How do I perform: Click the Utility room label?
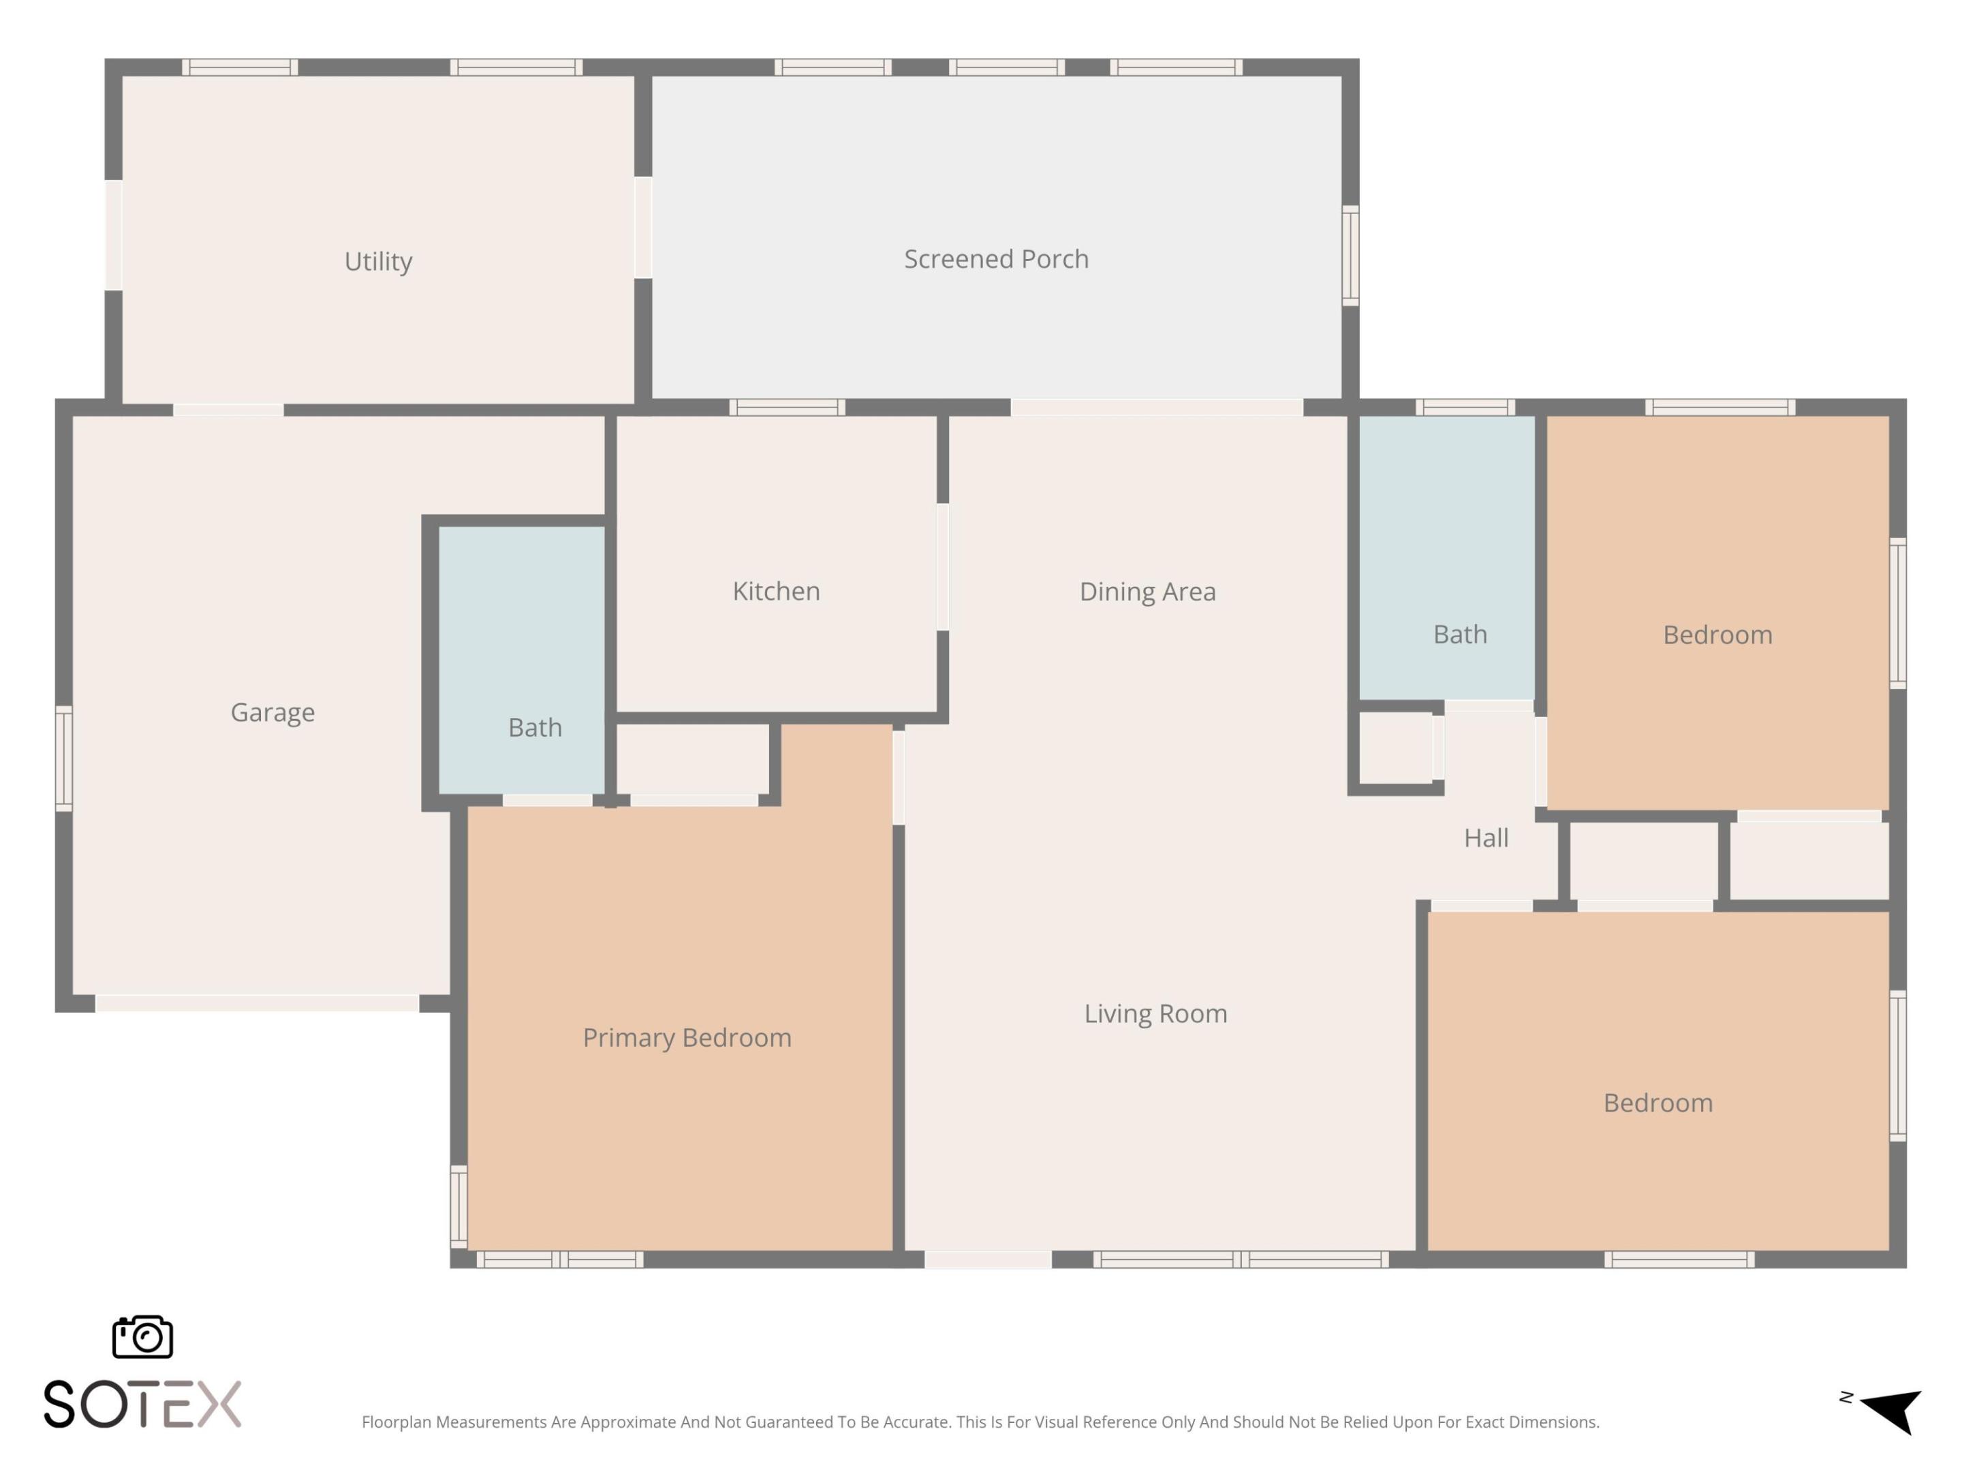[x=378, y=262]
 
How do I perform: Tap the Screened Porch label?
[x=996, y=259]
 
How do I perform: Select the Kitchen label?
[x=776, y=591]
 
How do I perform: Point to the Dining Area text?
[x=1147, y=592]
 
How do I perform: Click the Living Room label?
[x=1155, y=1013]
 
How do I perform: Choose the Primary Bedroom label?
[x=687, y=1037]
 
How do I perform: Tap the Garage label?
[x=272, y=711]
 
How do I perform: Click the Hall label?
[x=1486, y=838]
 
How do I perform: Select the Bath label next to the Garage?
[x=535, y=728]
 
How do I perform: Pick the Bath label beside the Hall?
[x=1460, y=634]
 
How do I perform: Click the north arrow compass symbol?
[x=1890, y=1409]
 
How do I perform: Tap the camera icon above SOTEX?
[x=142, y=1336]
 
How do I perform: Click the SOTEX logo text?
[x=142, y=1405]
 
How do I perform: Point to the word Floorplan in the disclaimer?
[x=396, y=1422]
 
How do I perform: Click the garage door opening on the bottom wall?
[x=258, y=1004]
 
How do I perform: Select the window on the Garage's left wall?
[x=64, y=758]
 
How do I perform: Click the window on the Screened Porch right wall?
[x=1350, y=256]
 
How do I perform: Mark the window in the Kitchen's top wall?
[x=787, y=408]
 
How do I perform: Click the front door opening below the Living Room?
[x=988, y=1260]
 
